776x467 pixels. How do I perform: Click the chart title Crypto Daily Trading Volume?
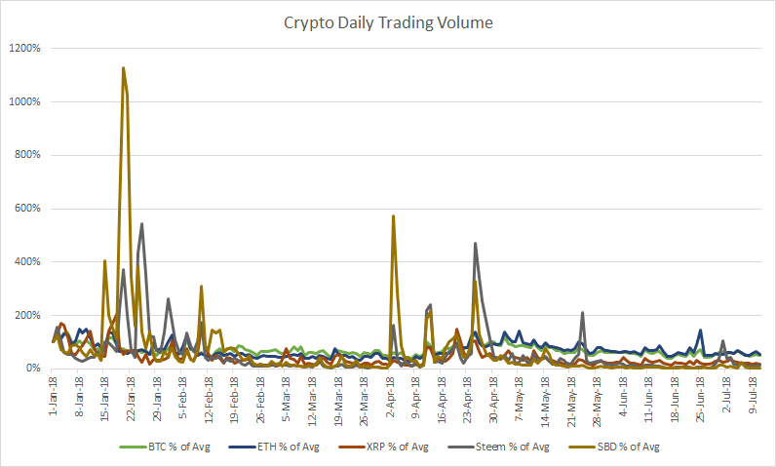pos(387,21)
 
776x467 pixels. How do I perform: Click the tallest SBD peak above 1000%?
pos(123,68)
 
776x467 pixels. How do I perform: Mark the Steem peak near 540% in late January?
pos(142,224)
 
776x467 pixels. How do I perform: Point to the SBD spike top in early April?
pos(393,216)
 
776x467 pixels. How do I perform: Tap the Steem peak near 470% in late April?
pos(476,244)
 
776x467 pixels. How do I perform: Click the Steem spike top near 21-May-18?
pos(582,313)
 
